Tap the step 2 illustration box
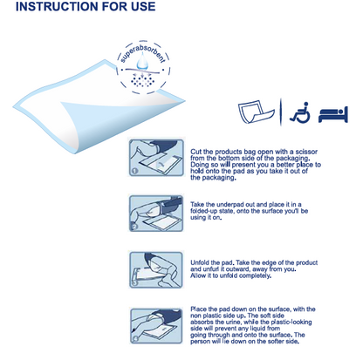point(155,214)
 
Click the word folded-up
point(213,213)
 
